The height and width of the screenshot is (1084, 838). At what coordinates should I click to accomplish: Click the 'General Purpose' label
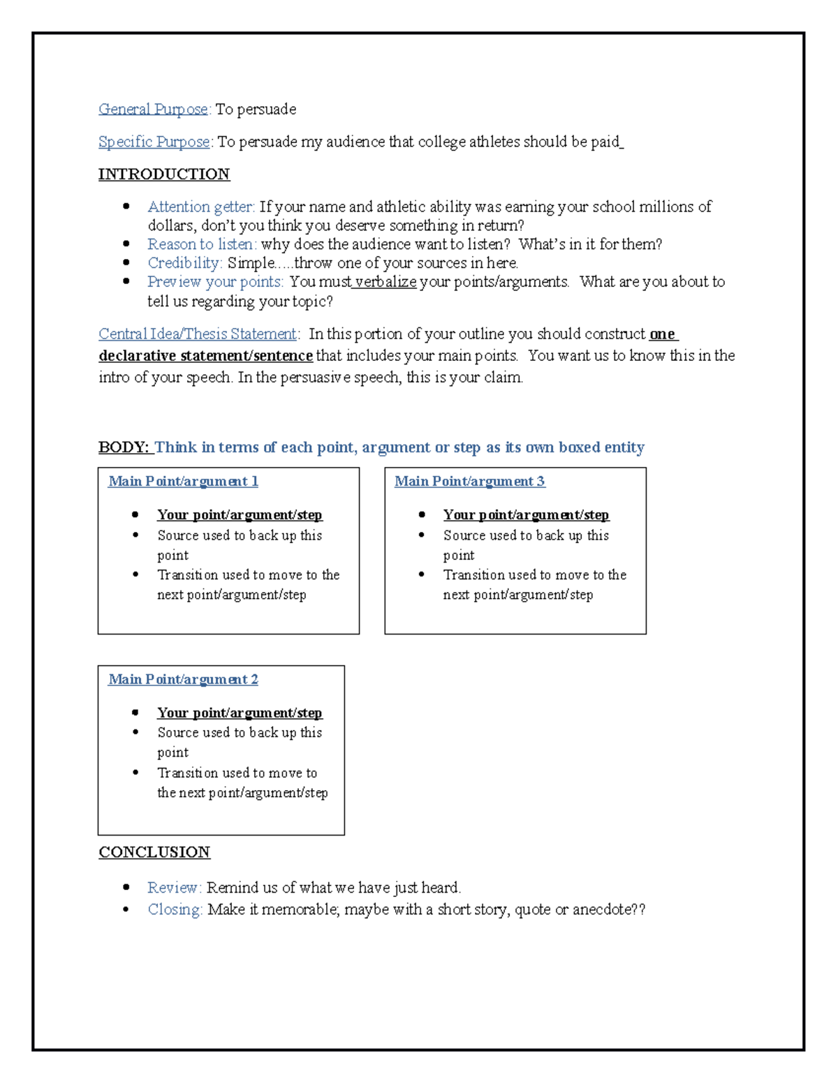(x=153, y=110)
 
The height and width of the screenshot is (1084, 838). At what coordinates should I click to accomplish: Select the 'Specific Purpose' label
(x=154, y=142)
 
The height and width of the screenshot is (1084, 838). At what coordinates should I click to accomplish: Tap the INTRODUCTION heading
(x=164, y=175)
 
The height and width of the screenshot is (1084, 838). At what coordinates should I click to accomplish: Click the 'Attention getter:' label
(x=201, y=207)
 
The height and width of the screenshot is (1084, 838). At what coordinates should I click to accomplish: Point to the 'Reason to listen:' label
(x=202, y=244)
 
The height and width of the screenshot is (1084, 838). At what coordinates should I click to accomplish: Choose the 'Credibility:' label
(x=185, y=263)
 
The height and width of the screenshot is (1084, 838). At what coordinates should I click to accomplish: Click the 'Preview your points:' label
(x=215, y=282)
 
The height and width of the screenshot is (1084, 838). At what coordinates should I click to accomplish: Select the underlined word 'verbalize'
(x=385, y=282)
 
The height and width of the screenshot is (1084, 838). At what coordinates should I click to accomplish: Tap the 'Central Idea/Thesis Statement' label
(x=198, y=334)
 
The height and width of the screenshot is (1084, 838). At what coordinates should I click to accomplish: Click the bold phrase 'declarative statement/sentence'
(x=205, y=356)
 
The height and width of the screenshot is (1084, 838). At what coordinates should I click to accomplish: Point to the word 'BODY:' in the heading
(x=124, y=447)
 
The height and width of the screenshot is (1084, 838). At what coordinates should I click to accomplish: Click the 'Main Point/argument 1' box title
(x=183, y=482)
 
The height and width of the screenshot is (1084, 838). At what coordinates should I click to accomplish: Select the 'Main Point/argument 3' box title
(x=469, y=482)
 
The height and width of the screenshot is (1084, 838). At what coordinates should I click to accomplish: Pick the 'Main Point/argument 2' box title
(x=183, y=680)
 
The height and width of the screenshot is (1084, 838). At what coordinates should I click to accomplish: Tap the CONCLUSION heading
(x=154, y=852)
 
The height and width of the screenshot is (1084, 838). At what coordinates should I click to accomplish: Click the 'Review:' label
(x=174, y=888)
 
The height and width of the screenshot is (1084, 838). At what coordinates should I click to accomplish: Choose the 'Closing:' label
(x=175, y=909)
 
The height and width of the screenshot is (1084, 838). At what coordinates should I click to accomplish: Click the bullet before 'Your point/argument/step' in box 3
(x=422, y=514)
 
